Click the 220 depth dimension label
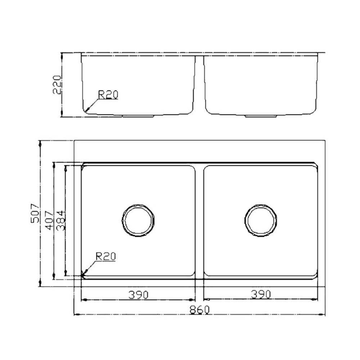(x=57, y=85)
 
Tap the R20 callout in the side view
(x=108, y=95)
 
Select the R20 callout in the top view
(x=105, y=256)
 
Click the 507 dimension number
(x=35, y=213)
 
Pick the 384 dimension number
(x=61, y=220)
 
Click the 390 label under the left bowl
(x=139, y=294)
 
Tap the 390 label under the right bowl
(x=261, y=294)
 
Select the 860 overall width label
(x=200, y=310)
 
